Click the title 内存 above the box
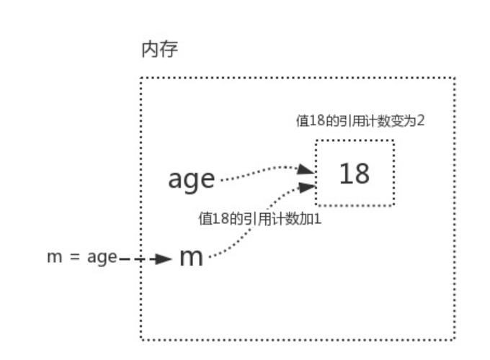159,50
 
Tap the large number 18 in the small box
354,174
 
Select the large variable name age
191,179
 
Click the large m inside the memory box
190,257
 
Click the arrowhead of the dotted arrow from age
308,170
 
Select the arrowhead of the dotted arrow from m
308,186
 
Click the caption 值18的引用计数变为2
360,120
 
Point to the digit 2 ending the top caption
420,120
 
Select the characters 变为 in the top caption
404,120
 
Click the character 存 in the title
169,50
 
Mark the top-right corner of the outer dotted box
455,78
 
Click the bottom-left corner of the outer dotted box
141,339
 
